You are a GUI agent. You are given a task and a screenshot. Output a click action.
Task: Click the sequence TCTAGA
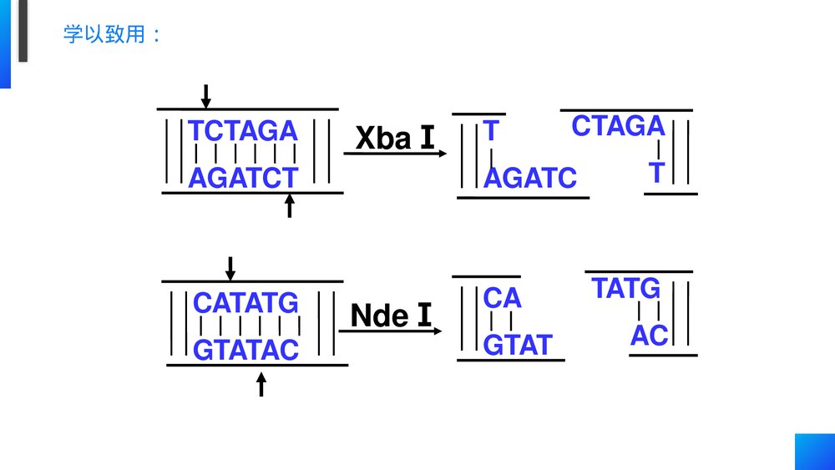pyautogui.click(x=243, y=131)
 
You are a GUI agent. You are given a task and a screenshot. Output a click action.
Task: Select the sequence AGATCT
pyautogui.click(x=243, y=178)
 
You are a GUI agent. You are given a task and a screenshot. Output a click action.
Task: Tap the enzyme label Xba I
pyautogui.click(x=395, y=139)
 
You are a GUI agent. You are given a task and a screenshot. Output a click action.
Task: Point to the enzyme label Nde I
pyautogui.click(x=392, y=316)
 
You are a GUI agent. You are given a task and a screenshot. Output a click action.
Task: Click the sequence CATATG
pyautogui.click(x=245, y=302)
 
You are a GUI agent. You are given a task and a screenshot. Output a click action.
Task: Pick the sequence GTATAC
pyautogui.click(x=245, y=350)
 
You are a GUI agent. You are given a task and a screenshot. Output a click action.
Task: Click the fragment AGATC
pyautogui.click(x=530, y=178)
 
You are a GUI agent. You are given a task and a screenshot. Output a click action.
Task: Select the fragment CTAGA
pyautogui.click(x=618, y=126)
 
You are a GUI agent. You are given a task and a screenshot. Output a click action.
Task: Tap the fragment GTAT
pyautogui.click(x=518, y=344)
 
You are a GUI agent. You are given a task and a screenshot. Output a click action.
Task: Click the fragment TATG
pyautogui.click(x=626, y=289)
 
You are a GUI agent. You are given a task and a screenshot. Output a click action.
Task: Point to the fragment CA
pyautogui.click(x=502, y=297)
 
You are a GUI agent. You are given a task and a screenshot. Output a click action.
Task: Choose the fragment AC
pyautogui.click(x=649, y=336)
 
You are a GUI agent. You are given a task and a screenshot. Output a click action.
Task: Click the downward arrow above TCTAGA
pyautogui.click(x=205, y=96)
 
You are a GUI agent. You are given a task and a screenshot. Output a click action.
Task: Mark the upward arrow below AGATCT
pyautogui.click(x=290, y=205)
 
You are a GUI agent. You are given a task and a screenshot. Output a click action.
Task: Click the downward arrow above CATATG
pyautogui.click(x=231, y=268)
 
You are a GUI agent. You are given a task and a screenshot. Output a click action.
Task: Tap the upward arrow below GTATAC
pyautogui.click(x=261, y=384)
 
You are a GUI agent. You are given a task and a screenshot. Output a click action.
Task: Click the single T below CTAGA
pyautogui.click(x=656, y=173)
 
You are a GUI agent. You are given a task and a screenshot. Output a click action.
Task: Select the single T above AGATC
pyautogui.click(x=491, y=131)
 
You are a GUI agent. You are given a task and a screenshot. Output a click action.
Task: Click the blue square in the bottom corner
pyautogui.click(x=814, y=452)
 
